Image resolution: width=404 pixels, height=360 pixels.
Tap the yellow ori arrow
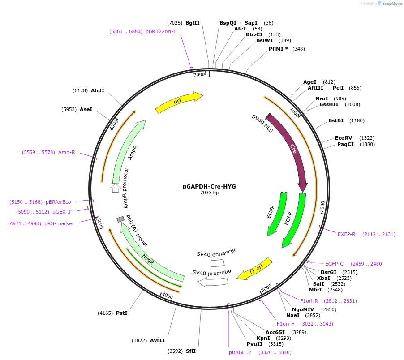tap(179, 103)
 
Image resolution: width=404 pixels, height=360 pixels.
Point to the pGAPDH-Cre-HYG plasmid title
tap(209, 186)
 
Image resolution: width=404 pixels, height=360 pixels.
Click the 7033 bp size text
tap(209, 193)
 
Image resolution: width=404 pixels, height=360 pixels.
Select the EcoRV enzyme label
tap(344, 138)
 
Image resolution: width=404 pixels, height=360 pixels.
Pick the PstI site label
tap(121, 313)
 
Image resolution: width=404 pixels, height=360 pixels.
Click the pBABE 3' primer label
tap(240, 352)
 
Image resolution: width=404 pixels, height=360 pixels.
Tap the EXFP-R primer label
tap(346, 234)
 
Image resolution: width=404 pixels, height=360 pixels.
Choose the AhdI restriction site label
tap(97, 90)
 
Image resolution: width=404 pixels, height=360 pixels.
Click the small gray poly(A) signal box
tap(120, 219)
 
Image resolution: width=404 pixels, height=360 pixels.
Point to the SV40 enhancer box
tap(218, 263)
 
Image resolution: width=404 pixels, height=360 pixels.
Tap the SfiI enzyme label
tap(191, 351)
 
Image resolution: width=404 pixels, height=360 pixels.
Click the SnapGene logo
tap(390, 4)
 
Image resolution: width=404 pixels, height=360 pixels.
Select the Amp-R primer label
tap(67, 152)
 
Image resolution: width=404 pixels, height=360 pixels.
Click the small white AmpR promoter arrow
tap(115, 188)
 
